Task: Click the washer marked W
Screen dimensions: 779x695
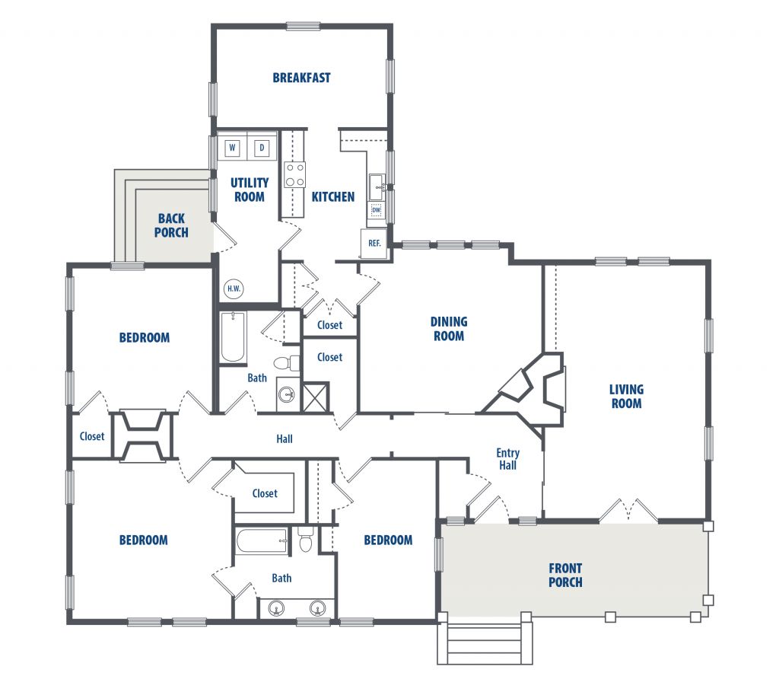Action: tap(232, 148)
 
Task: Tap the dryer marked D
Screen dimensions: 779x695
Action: tap(262, 148)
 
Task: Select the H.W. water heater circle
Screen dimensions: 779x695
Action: tap(234, 289)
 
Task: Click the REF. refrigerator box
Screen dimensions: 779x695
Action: tap(374, 243)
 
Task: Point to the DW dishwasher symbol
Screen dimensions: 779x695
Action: tap(376, 210)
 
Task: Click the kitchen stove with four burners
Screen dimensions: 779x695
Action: tap(294, 174)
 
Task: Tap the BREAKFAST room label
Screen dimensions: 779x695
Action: tap(301, 78)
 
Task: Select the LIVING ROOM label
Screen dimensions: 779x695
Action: tap(627, 397)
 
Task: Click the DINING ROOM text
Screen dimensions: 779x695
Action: tap(449, 329)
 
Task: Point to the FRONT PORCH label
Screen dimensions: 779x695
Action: tap(565, 575)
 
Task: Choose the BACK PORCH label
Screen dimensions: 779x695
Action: tap(171, 225)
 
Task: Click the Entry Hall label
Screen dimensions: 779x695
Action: tap(507, 459)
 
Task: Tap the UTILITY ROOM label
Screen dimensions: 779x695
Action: tap(250, 190)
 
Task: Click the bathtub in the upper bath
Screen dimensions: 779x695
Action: tap(233, 337)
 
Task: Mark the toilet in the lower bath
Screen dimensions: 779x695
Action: tap(306, 540)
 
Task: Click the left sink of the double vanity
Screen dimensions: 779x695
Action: tap(276, 608)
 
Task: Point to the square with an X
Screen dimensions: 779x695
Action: tap(316, 397)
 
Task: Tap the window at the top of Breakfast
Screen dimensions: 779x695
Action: tap(303, 27)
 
